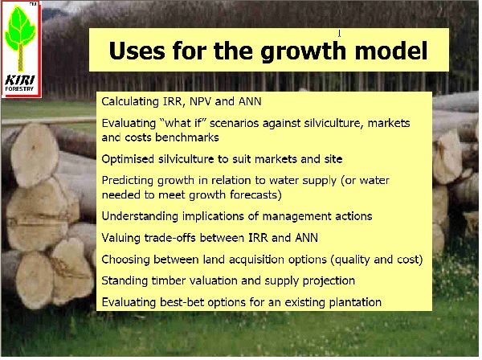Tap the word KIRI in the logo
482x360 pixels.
point(20,80)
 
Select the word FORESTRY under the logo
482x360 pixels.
point(19,88)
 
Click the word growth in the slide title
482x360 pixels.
point(303,51)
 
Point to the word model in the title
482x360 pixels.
point(391,51)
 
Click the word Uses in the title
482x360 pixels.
point(137,51)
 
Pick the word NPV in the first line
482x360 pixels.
point(200,101)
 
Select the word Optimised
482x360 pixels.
point(128,159)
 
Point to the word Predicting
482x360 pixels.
point(129,181)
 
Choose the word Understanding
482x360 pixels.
point(140,217)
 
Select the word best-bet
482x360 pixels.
point(182,302)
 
